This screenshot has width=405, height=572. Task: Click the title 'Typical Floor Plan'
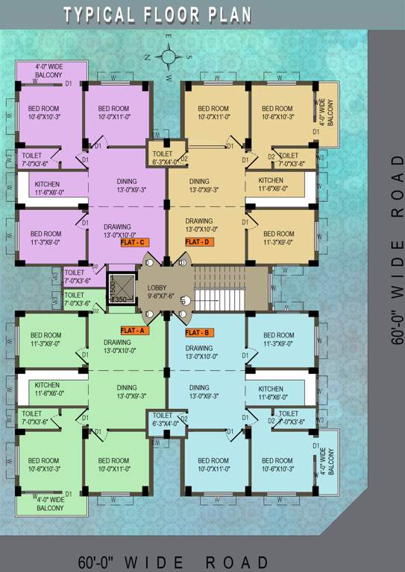click(x=157, y=15)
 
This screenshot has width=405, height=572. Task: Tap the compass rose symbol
click(x=169, y=55)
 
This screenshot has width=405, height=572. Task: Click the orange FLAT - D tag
click(x=198, y=242)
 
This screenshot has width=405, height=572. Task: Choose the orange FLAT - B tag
click(x=198, y=331)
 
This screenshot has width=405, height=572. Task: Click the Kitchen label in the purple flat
click(x=47, y=188)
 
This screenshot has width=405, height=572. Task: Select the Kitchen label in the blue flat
click(x=270, y=393)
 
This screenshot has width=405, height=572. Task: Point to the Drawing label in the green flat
click(x=117, y=346)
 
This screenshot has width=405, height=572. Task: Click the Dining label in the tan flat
click(x=199, y=185)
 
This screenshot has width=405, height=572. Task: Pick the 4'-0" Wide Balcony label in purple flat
click(x=48, y=71)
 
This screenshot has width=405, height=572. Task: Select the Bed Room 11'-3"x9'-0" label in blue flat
click(x=279, y=340)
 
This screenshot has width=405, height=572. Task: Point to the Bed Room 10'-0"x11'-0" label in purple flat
click(x=113, y=112)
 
